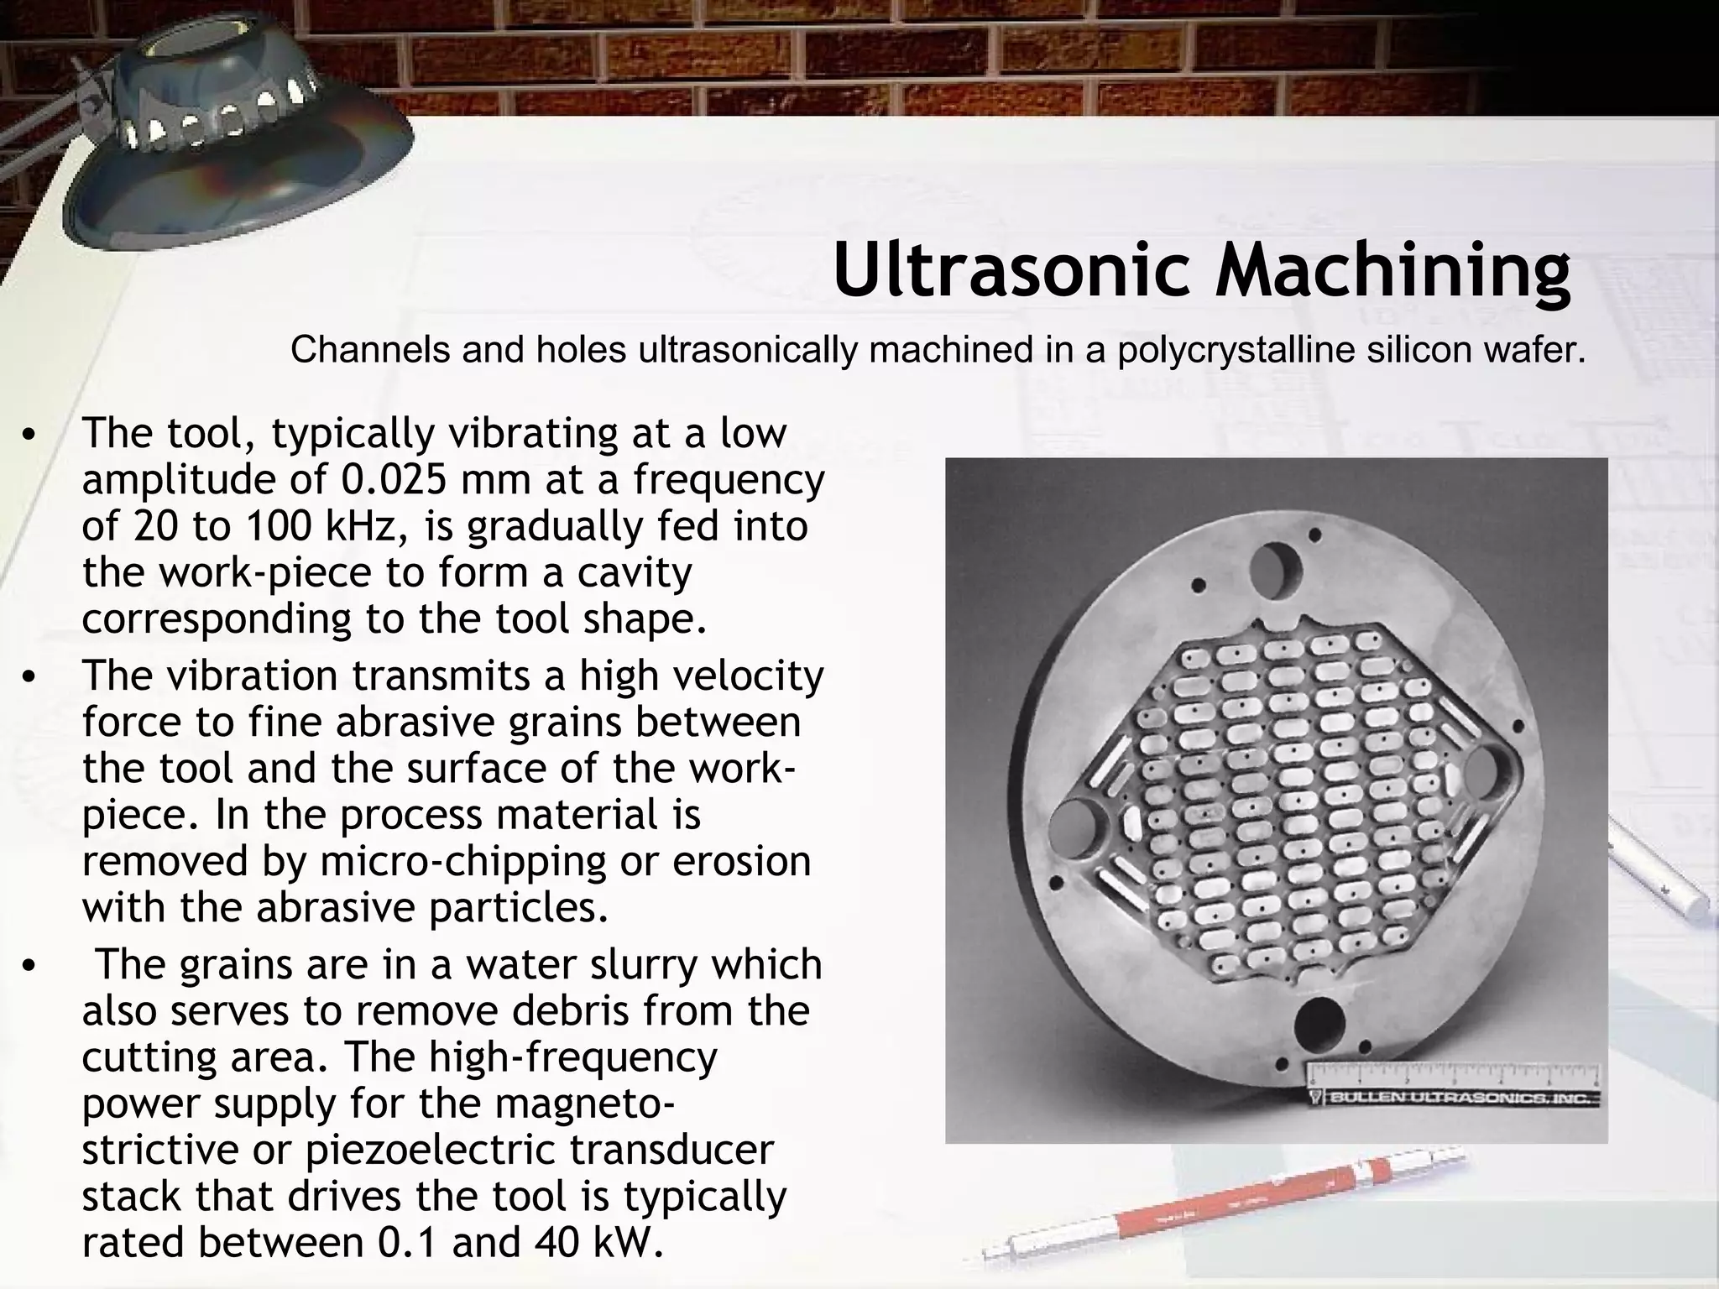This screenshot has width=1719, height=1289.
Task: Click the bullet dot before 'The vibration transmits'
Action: pos(29,678)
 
